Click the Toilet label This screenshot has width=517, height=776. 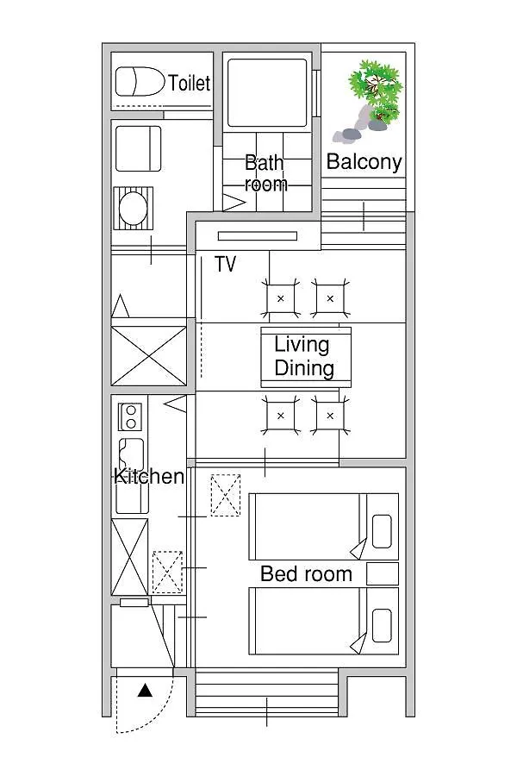[x=189, y=83]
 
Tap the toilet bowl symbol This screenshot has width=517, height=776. [x=140, y=82]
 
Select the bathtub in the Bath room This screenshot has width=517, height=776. [x=267, y=92]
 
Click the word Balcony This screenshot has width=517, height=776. [x=364, y=161]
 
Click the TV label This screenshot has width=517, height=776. [x=225, y=264]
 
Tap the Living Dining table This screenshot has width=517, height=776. [x=306, y=357]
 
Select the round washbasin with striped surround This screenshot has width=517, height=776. [x=133, y=208]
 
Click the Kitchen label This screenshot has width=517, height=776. [x=149, y=476]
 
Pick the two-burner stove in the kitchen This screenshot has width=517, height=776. [x=131, y=416]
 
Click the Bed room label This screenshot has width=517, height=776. [x=306, y=573]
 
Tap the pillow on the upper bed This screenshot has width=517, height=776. [x=382, y=531]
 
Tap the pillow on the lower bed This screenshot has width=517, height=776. [x=382, y=626]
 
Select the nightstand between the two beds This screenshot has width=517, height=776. [x=383, y=573]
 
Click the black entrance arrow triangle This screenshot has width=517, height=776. [x=145, y=690]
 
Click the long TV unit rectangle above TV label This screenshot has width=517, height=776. [x=258, y=236]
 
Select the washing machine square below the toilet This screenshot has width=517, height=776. [x=138, y=148]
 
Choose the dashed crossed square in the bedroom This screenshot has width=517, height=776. [x=226, y=496]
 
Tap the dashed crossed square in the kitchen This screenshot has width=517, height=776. [x=167, y=573]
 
